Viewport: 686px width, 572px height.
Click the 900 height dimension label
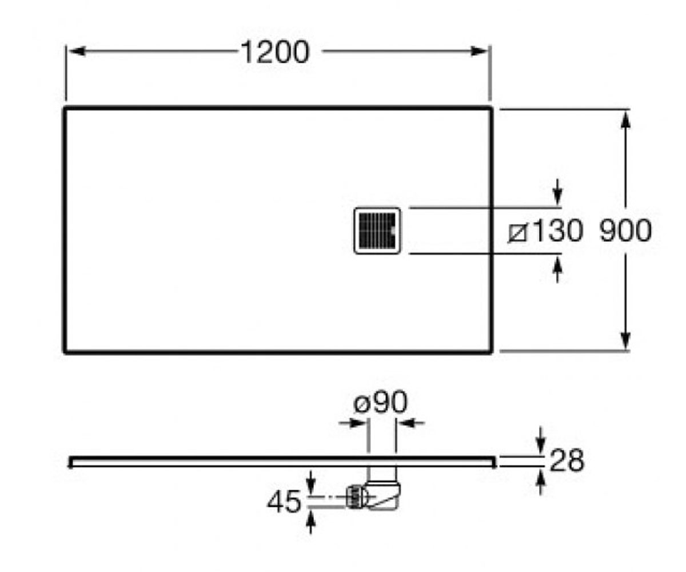pyautogui.click(x=625, y=231)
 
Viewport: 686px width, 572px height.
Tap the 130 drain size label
pyautogui.click(x=557, y=231)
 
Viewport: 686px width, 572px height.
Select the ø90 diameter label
pyautogui.click(x=381, y=402)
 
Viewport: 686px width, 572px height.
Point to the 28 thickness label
pyautogui.click(x=567, y=460)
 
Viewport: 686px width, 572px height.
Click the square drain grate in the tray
pyautogui.click(x=377, y=231)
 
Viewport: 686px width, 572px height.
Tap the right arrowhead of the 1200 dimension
pyautogui.click(x=479, y=51)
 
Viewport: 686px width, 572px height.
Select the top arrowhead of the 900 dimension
pyautogui.click(x=625, y=120)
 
